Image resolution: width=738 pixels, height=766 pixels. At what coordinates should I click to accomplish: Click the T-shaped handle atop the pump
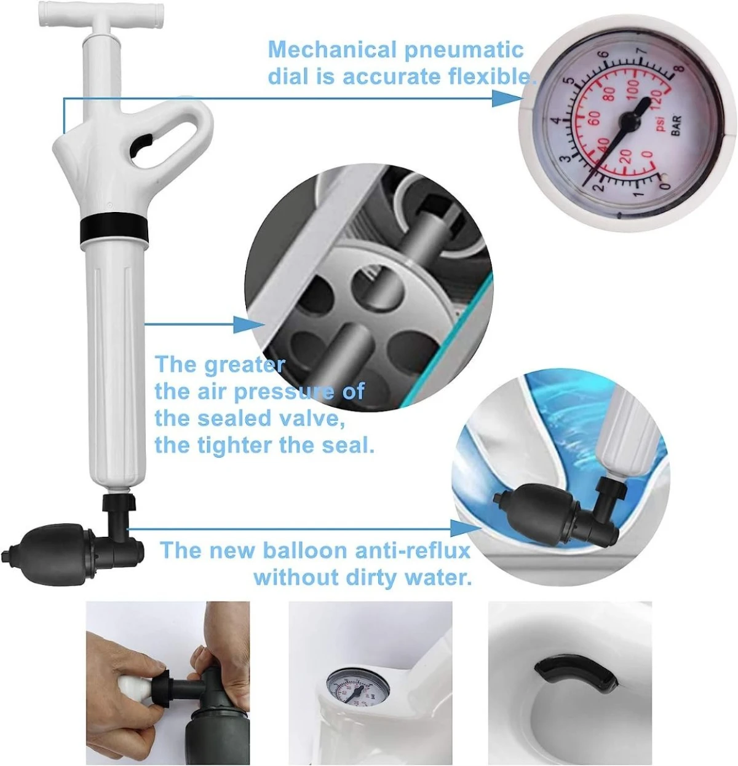click(101, 14)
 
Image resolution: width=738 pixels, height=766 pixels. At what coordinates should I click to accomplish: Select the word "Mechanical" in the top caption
click(332, 50)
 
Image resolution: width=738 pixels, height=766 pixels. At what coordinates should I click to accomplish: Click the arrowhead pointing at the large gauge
click(507, 98)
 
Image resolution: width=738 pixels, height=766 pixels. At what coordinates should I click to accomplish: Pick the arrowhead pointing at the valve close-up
click(249, 325)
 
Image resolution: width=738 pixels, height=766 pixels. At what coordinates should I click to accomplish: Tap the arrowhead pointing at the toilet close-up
click(466, 528)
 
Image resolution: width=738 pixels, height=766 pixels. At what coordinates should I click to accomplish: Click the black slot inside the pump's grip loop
click(140, 145)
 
